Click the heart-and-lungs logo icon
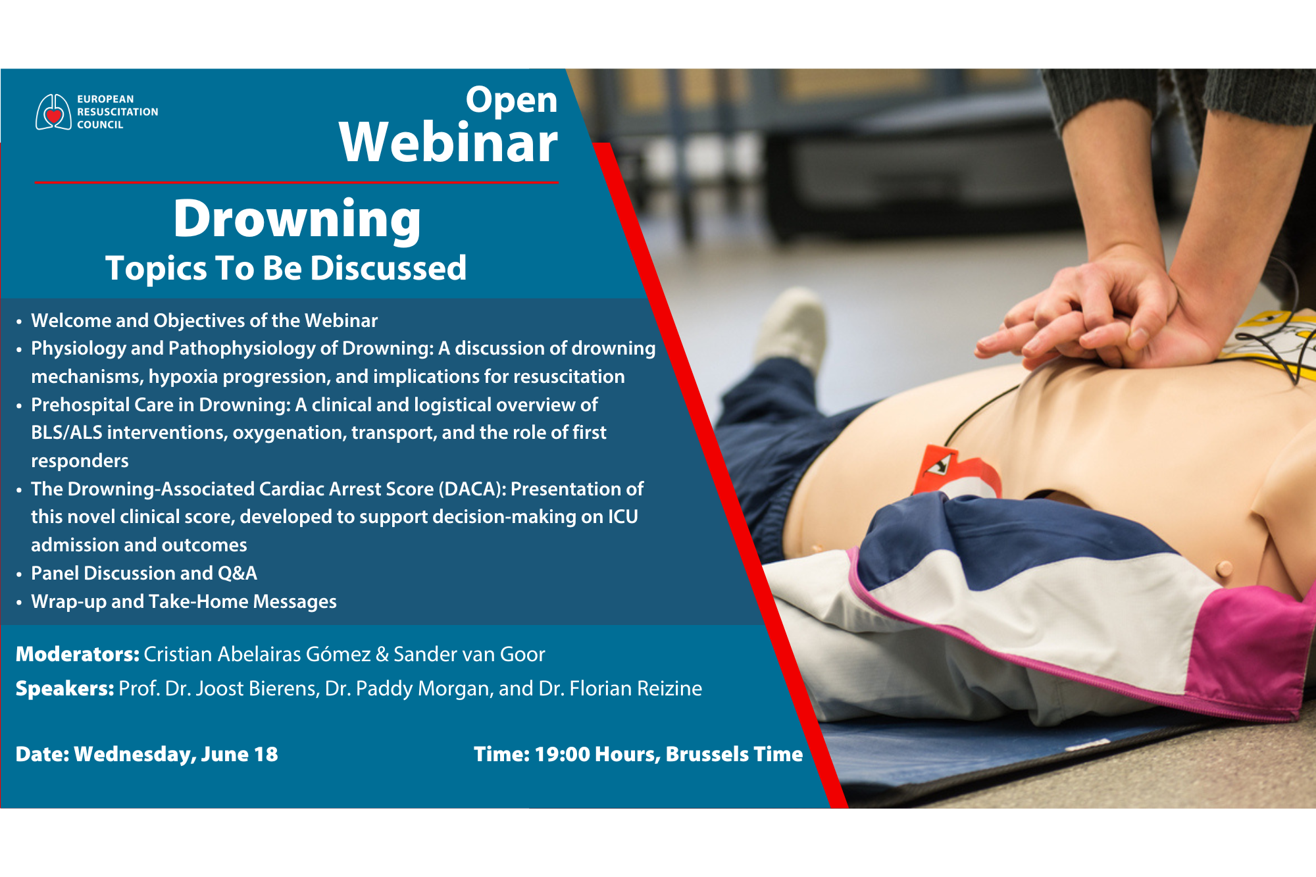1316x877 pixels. coord(53,113)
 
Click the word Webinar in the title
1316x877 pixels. coord(448,143)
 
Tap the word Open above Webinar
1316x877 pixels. coord(511,100)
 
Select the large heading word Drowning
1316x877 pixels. coord(297,219)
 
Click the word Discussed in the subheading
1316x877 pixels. coord(388,268)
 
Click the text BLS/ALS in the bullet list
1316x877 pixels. coord(66,432)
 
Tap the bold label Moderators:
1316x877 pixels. coord(77,654)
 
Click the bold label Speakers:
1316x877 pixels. coord(64,688)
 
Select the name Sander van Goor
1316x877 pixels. coord(469,654)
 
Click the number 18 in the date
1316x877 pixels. coord(266,754)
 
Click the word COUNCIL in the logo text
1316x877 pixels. coord(100,125)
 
